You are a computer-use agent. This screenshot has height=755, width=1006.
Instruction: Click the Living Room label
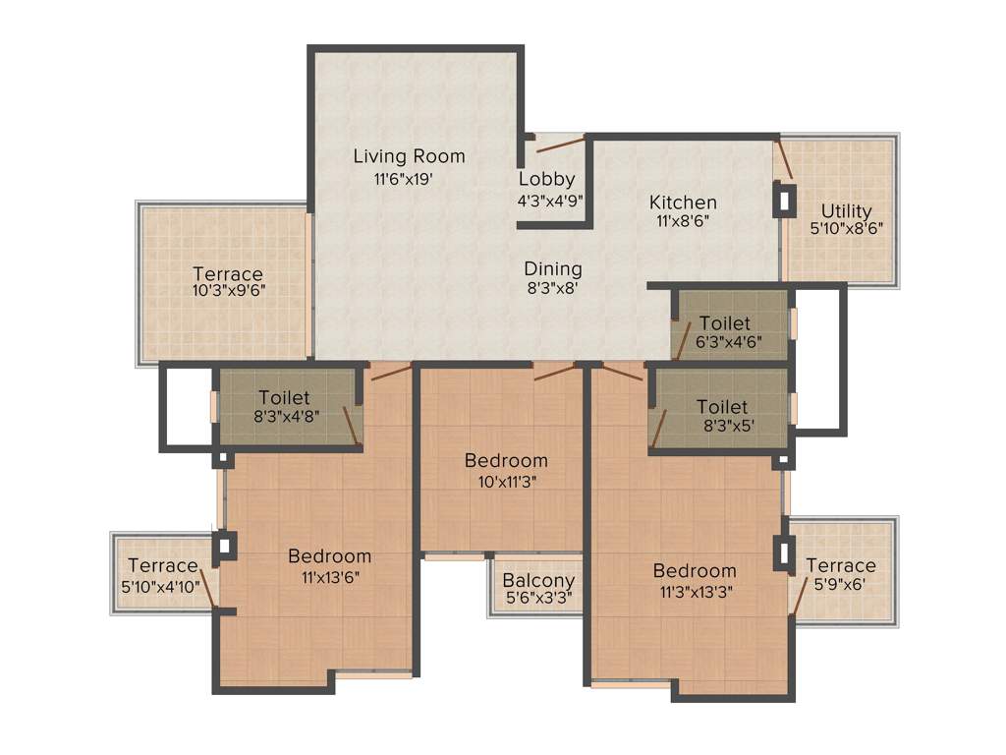(409, 156)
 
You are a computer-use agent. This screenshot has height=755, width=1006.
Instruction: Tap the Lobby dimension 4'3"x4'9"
(551, 199)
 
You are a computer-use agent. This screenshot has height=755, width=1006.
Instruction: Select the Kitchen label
(683, 203)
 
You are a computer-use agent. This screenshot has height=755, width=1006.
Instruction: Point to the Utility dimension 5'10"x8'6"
(846, 228)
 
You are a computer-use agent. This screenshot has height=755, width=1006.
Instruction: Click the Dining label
(552, 268)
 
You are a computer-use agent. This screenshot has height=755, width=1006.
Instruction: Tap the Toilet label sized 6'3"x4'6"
(724, 323)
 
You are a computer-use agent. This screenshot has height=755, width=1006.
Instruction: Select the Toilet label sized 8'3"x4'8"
(284, 398)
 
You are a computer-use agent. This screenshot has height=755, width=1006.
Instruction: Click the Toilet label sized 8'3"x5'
(722, 407)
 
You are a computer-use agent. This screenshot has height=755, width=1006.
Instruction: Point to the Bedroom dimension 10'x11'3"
(506, 482)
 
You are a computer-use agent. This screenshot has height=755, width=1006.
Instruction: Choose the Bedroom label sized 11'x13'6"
(329, 556)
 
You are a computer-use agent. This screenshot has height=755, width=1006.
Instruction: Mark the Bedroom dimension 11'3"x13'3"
(695, 592)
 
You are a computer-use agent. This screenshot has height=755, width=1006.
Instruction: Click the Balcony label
(538, 580)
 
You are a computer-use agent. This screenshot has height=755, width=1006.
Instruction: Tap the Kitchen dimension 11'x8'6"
(683, 221)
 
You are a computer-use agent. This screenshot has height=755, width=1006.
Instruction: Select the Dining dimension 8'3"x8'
(552, 288)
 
